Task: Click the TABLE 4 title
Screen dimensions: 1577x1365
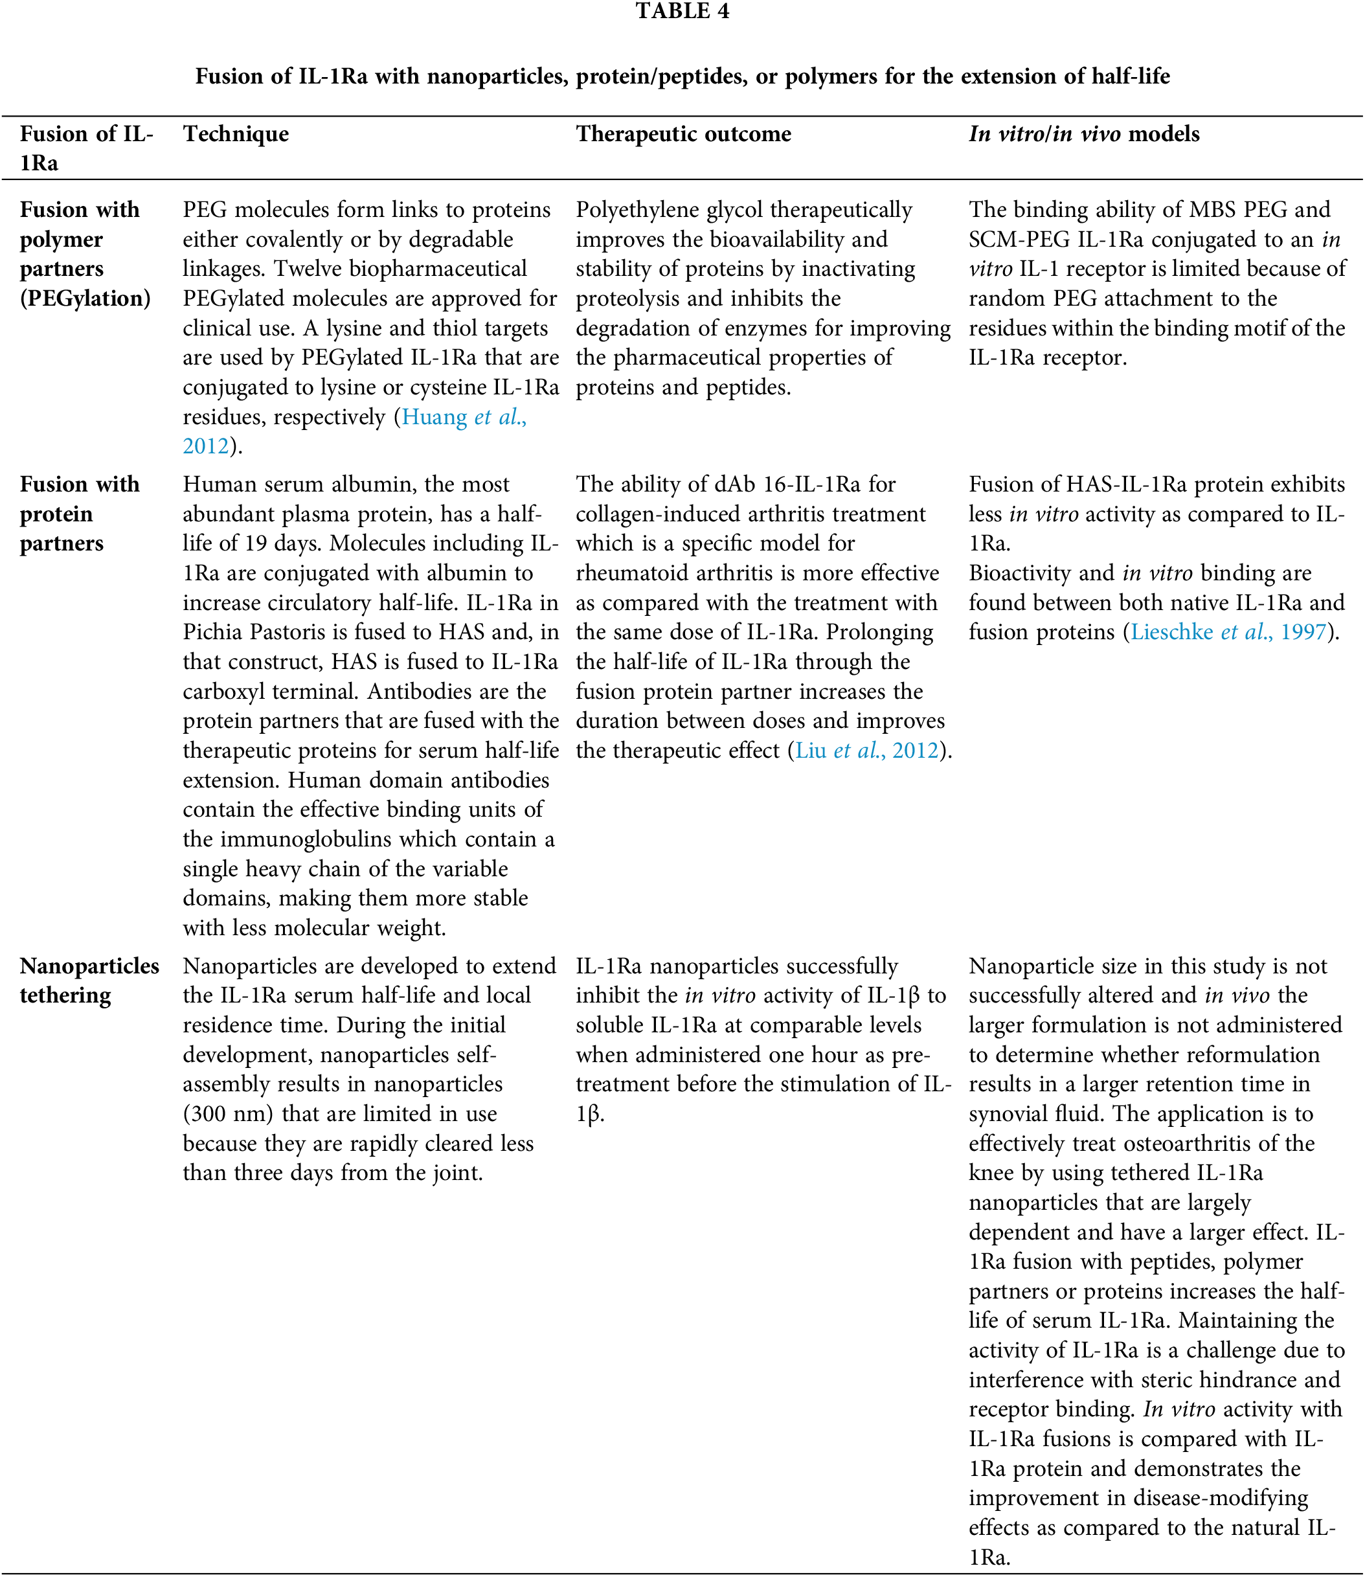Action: coord(682,12)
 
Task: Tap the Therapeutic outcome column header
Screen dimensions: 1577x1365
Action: coord(683,134)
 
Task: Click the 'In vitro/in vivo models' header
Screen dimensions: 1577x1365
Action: coord(1083,134)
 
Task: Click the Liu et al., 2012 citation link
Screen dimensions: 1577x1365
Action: coord(866,751)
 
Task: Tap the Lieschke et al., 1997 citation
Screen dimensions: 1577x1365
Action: coord(1228,632)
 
